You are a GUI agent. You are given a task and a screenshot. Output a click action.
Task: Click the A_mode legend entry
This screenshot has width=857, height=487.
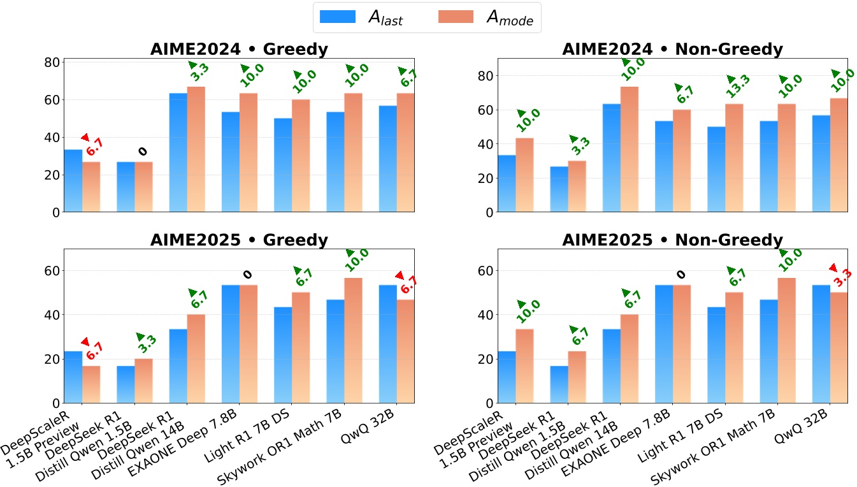pyautogui.click(x=487, y=18)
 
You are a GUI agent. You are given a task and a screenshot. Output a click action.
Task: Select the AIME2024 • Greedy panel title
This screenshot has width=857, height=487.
pyautogui.click(x=239, y=49)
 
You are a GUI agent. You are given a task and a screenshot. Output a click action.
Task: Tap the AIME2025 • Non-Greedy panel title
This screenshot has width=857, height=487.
pyautogui.click(x=672, y=240)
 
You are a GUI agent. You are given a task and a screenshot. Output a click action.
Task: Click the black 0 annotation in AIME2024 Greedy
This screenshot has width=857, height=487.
pyautogui.click(x=142, y=152)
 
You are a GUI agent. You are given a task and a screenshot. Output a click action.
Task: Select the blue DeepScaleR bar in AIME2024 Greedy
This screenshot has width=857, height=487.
pyautogui.click(x=73, y=181)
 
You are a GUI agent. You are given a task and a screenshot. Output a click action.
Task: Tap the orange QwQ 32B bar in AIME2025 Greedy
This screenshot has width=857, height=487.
pyautogui.click(x=405, y=351)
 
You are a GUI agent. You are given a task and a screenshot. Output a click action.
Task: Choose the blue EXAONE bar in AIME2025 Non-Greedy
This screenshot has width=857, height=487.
pyautogui.click(x=665, y=344)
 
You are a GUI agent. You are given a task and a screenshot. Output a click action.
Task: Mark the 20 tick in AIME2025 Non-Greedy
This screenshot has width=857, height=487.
pyautogui.click(x=486, y=360)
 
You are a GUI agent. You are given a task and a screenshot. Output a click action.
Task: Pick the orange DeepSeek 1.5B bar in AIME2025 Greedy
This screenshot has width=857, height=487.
pyautogui.click(x=143, y=381)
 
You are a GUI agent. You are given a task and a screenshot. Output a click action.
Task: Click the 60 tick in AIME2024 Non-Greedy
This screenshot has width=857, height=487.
pyautogui.click(x=486, y=110)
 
